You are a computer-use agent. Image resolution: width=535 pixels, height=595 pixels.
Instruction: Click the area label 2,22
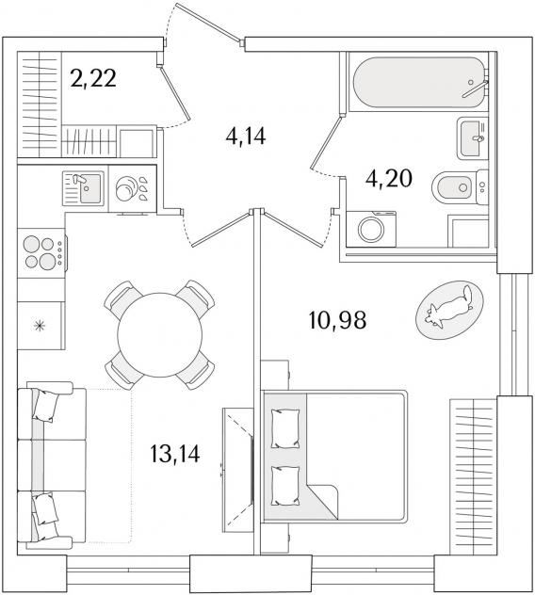tap(93, 79)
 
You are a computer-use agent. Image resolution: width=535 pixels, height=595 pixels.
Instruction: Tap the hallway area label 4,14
tap(246, 136)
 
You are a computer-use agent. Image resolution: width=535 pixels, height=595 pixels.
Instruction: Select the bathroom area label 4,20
tap(388, 179)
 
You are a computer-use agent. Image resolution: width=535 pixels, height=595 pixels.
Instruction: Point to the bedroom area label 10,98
tap(337, 320)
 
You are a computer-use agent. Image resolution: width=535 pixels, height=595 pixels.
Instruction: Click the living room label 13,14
tap(174, 454)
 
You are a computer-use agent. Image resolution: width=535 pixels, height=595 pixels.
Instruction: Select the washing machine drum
tap(372, 230)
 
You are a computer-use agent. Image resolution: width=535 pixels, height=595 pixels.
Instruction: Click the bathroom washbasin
tap(473, 138)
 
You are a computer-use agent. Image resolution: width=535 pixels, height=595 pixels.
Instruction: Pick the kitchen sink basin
tap(90, 188)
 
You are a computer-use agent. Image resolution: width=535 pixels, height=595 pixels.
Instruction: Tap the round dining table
tap(160, 335)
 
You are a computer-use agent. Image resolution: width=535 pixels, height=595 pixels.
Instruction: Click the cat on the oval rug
tap(450, 309)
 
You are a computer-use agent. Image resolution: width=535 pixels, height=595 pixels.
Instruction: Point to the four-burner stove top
tap(41, 252)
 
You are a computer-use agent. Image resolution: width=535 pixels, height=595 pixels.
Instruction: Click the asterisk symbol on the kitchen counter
tap(39, 326)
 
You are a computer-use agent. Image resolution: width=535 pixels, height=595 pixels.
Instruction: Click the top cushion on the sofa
tap(46, 406)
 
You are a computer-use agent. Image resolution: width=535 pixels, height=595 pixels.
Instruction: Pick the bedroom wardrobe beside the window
tap(474, 476)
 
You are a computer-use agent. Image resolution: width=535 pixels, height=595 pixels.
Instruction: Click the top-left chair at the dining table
tap(123, 300)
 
